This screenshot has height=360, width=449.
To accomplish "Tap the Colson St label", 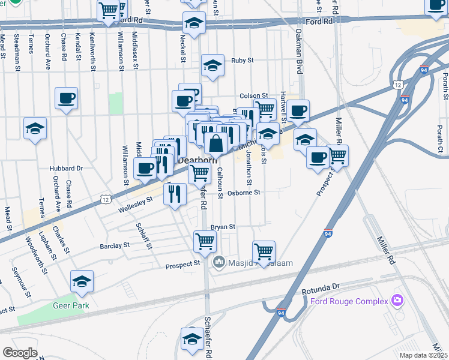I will click(253, 95).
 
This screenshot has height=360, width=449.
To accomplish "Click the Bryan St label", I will click(223, 227).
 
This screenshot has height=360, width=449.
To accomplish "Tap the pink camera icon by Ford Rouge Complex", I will click(396, 300).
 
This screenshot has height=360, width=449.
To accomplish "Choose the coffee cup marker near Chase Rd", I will click(66, 98).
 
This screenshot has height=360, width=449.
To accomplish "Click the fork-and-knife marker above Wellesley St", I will click(175, 194).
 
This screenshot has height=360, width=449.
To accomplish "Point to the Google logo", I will click(20, 353).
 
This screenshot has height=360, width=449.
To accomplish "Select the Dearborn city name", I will click(197, 161).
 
